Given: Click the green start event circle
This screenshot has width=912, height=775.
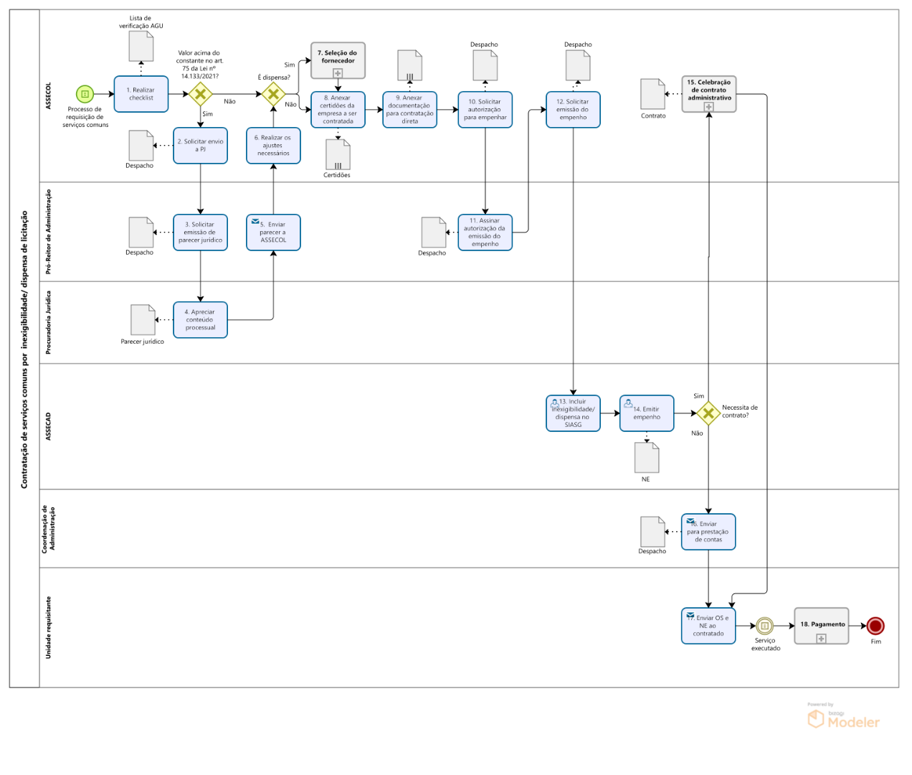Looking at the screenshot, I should click(85, 94).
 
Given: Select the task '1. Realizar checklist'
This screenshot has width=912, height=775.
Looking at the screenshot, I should click(141, 94).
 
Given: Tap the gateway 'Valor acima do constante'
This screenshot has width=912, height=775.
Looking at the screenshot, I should click(200, 94).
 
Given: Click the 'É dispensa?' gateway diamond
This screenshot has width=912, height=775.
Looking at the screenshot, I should click(273, 94).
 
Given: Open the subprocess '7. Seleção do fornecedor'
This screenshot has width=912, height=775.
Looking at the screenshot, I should click(338, 60).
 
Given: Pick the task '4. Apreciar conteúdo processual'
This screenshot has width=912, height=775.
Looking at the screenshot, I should click(200, 320).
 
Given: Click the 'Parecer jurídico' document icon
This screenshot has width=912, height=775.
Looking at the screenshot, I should click(143, 320).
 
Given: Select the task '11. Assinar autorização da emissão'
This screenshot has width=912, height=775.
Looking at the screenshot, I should click(485, 232).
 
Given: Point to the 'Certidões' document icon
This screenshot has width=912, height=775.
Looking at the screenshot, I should click(338, 154).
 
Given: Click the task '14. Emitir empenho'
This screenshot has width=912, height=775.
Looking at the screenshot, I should click(647, 413).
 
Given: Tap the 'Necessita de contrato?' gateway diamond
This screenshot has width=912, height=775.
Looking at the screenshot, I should click(708, 413).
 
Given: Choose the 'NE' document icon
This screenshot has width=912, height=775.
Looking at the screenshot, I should click(647, 458).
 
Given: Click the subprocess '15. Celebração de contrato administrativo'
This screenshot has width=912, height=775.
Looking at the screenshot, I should click(709, 94).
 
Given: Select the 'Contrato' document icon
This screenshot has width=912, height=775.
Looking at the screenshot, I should click(652, 94).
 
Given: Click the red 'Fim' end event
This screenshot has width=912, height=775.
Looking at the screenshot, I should click(875, 626).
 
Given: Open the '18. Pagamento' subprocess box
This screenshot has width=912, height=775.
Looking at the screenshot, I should click(822, 626).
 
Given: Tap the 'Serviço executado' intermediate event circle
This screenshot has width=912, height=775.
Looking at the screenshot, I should click(765, 626).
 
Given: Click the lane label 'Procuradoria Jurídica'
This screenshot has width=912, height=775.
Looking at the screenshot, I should click(49, 322).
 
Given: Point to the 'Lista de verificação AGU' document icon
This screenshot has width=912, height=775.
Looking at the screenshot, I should click(141, 47).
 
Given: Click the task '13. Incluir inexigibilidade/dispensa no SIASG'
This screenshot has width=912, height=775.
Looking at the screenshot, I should click(573, 413).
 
